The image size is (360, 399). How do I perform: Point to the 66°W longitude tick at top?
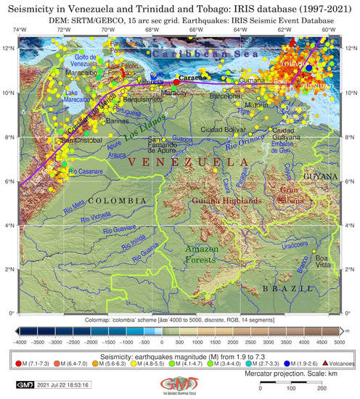point(196,32)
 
